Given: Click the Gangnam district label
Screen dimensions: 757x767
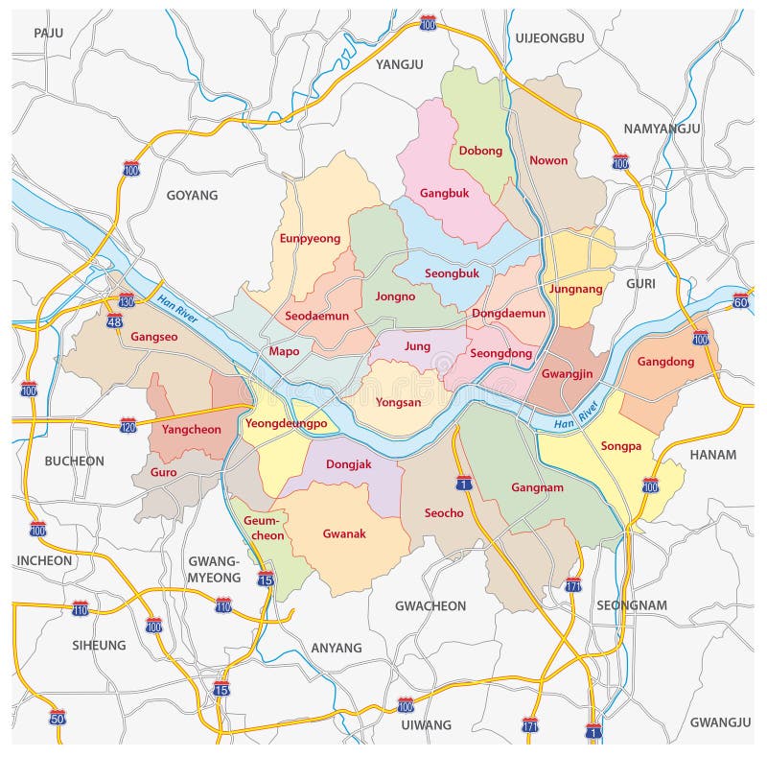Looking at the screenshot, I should tap(537, 487).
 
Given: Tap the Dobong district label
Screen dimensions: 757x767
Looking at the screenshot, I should tap(480, 151).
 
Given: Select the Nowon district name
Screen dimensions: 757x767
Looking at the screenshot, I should tap(548, 160).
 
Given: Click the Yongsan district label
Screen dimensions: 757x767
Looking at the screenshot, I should tap(398, 402).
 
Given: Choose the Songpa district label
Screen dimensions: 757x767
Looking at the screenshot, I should tap(619, 446).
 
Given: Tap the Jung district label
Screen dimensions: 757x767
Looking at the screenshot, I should tap(418, 345).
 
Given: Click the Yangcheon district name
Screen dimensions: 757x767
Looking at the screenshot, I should tap(192, 429).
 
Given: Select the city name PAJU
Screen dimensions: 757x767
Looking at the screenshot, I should tap(48, 33).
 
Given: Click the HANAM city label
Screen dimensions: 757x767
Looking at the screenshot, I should tap(711, 455).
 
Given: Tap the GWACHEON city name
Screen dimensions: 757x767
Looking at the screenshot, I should tap(430, 605).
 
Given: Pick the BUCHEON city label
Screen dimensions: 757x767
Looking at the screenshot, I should tap(75, 461).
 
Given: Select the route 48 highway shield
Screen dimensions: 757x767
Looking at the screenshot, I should tap(115, 322).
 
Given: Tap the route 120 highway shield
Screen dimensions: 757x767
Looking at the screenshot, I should tap(128, 424).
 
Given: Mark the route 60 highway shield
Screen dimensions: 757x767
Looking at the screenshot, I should tap(740, 301).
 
